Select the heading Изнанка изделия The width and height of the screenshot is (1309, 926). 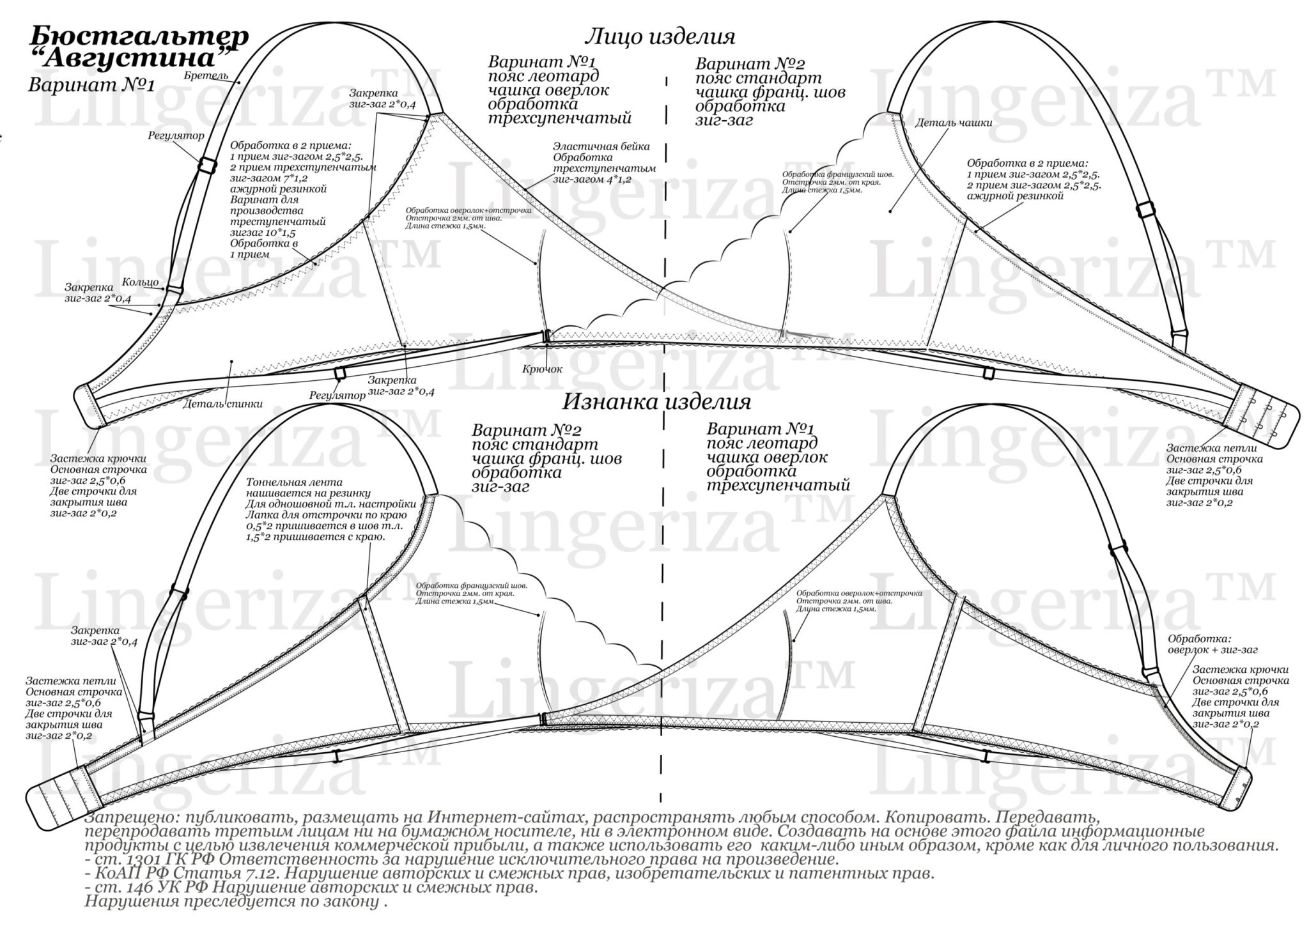656,402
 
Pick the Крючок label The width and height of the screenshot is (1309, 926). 542,369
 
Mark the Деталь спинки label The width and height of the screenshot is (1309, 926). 222,404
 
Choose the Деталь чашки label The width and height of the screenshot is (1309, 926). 954,123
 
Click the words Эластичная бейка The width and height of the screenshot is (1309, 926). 601,146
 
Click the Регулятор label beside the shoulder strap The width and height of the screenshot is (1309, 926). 176,135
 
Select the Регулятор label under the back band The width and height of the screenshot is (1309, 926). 337,396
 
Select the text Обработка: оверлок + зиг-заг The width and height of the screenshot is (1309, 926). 1212,644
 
